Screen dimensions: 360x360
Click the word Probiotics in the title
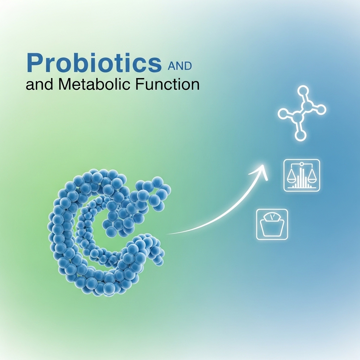(94, 63)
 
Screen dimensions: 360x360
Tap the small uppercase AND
(180, 66)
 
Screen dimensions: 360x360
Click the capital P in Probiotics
(34, 63)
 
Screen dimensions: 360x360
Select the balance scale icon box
(302, 175)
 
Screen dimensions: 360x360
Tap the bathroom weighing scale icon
(272, 224)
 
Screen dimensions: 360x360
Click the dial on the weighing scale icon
(272, 217)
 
